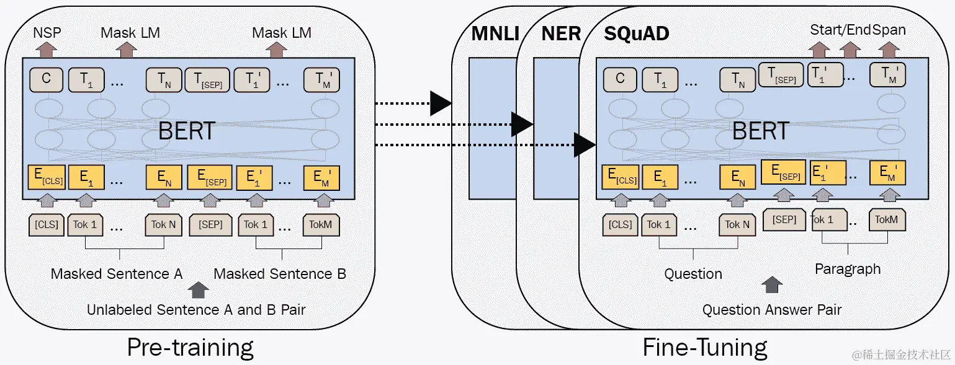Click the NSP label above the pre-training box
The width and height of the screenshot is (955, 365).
(x=47, y=32)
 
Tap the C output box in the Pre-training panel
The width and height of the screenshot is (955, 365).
(x=46, y=79)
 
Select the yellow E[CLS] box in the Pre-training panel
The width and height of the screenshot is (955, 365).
(x=47, y=178)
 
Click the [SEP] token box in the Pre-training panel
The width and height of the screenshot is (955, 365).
(x=210, y=224)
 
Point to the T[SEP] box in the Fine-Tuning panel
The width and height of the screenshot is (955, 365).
(x=782, y=76)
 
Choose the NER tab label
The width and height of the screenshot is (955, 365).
(x=561, y=33)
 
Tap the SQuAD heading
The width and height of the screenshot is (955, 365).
(x=636, y=33)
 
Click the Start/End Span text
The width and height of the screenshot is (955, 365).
(x=858, y=30)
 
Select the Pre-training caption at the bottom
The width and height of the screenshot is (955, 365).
(x=190, y=347)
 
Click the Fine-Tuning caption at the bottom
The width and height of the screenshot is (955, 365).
(x=704, y=347)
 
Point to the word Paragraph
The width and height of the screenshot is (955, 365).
(x=847, y=269)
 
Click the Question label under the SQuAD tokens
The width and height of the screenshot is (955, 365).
(x=693, y=273)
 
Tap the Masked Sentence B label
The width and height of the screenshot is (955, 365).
(x=280, y=273)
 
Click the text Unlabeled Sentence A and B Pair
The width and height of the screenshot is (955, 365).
(x=196, y=309)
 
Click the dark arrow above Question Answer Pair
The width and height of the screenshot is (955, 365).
(x=772, y=285)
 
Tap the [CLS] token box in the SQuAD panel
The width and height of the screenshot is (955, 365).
(x=620, y=224)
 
